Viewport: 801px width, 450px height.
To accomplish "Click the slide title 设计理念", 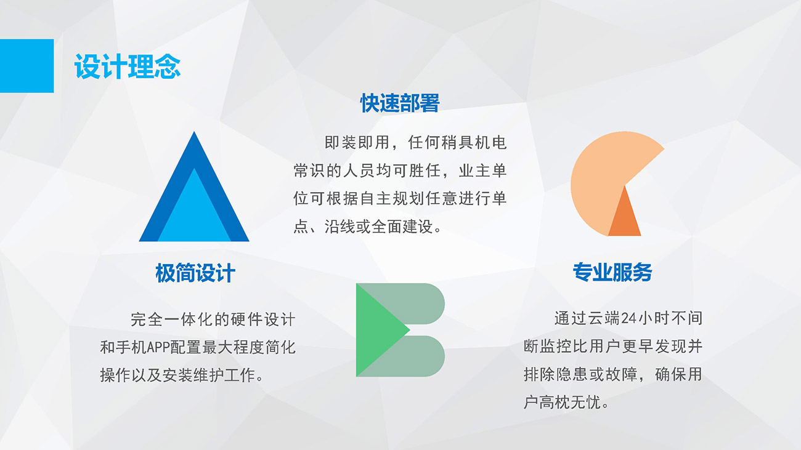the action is tap(128, 66).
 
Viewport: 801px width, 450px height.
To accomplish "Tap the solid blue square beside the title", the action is tap(27, 66).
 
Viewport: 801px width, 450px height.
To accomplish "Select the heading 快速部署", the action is tap(400, 103).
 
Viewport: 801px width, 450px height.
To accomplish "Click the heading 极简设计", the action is tap(195, 273).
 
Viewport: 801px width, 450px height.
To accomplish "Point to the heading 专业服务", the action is tap(612, 272).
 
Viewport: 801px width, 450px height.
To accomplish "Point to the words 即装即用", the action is tap(357, 142).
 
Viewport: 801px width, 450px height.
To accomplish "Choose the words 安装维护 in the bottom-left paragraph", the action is tap(193, 375).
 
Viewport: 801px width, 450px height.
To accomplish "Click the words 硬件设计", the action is tap(263, 319).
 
